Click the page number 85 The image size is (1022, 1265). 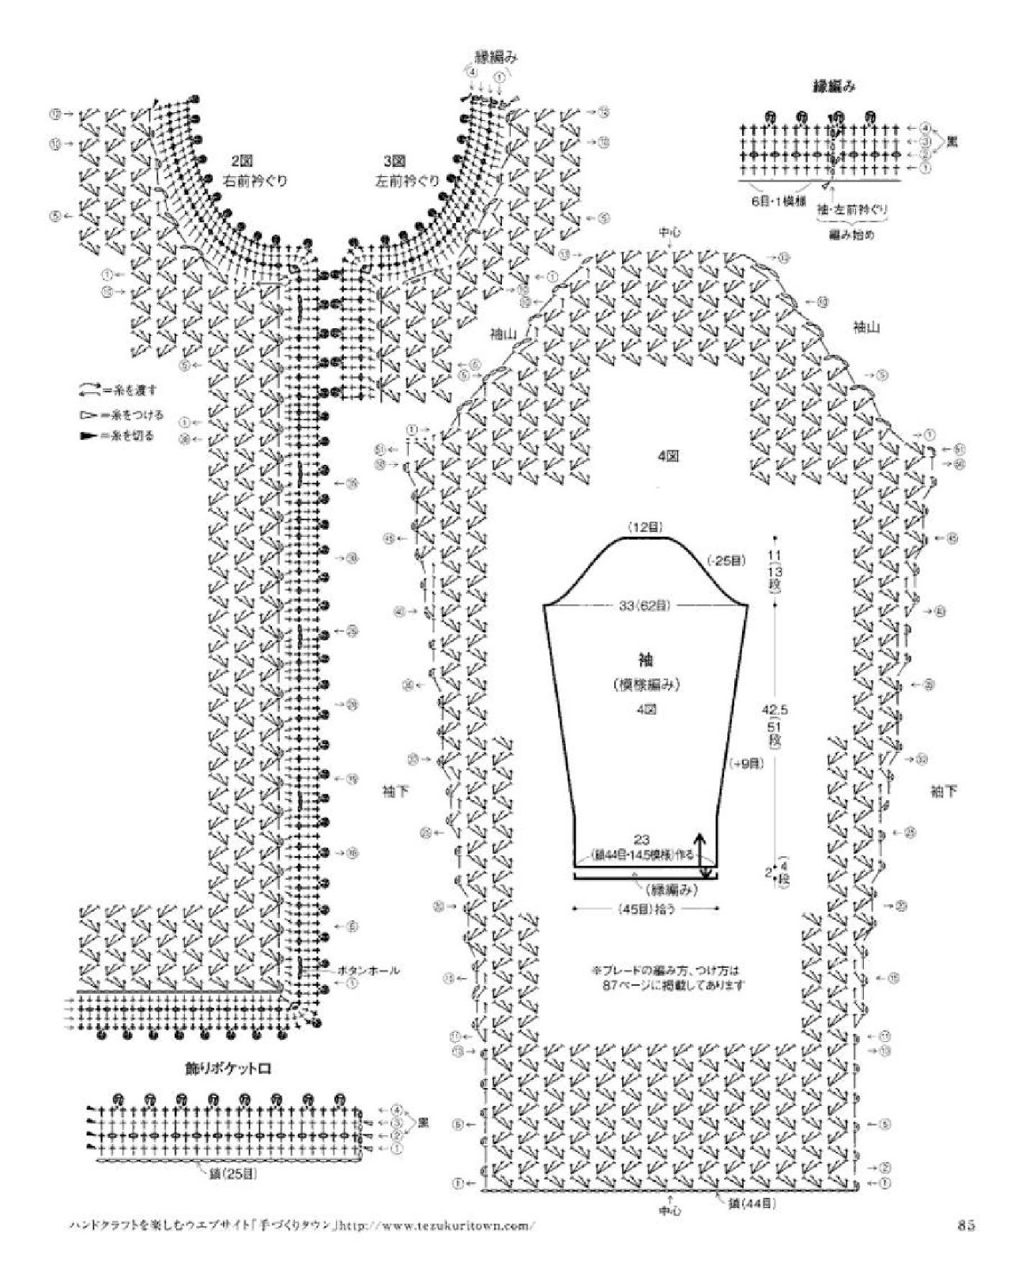(x=965, y=1226)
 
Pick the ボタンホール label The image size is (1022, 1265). (x=368, y=969)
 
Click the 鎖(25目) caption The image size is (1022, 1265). (x=228, y=1174)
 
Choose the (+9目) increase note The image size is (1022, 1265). (x=745, y=763)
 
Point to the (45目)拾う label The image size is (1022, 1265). (x=646, y=908)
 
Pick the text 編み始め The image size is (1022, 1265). (x=854, y=235)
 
